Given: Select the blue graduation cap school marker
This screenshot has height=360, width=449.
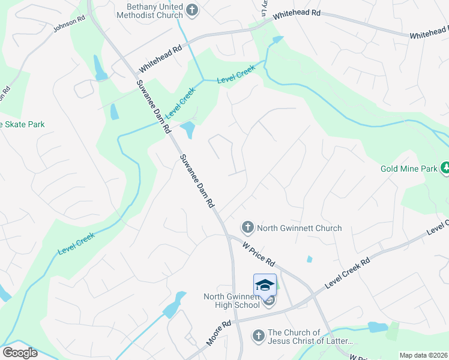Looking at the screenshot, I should point(265,284).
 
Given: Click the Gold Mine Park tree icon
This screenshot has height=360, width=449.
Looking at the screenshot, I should point(445,169).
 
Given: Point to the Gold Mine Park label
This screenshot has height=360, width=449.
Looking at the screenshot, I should point(409,169).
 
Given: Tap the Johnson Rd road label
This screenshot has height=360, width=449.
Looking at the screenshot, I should point(70,23).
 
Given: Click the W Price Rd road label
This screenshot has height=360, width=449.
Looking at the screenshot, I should point(259,254).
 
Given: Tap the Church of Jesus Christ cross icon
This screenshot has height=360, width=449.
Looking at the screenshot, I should point(259,335).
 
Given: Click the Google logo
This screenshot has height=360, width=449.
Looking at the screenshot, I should point(19,352).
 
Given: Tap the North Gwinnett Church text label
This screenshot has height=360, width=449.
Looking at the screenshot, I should point(299,228).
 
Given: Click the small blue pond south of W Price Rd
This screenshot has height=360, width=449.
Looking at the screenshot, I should point(309,259).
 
